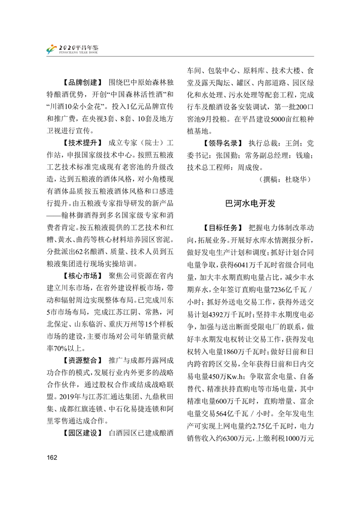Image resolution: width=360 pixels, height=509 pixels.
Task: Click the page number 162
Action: (51, 457)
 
